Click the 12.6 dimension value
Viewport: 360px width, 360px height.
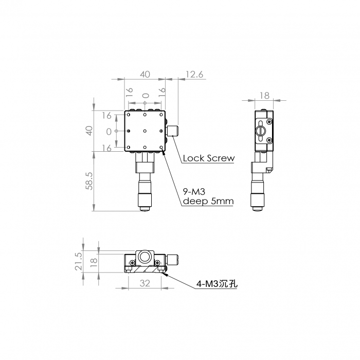(194, 75)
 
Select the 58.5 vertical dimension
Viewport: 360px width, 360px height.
(89, 181)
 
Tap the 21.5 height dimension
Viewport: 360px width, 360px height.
(78, 261)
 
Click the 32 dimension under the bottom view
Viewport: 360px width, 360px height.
(145, 283)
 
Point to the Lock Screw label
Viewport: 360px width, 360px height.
(209, 158)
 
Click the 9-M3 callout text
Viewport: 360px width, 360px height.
(194, 191)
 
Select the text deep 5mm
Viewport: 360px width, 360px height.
(208, 202)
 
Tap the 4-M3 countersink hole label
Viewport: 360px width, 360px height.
(217, 284)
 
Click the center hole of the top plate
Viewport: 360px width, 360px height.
(145, 131)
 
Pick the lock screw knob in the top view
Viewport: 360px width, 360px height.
(173, 131)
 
